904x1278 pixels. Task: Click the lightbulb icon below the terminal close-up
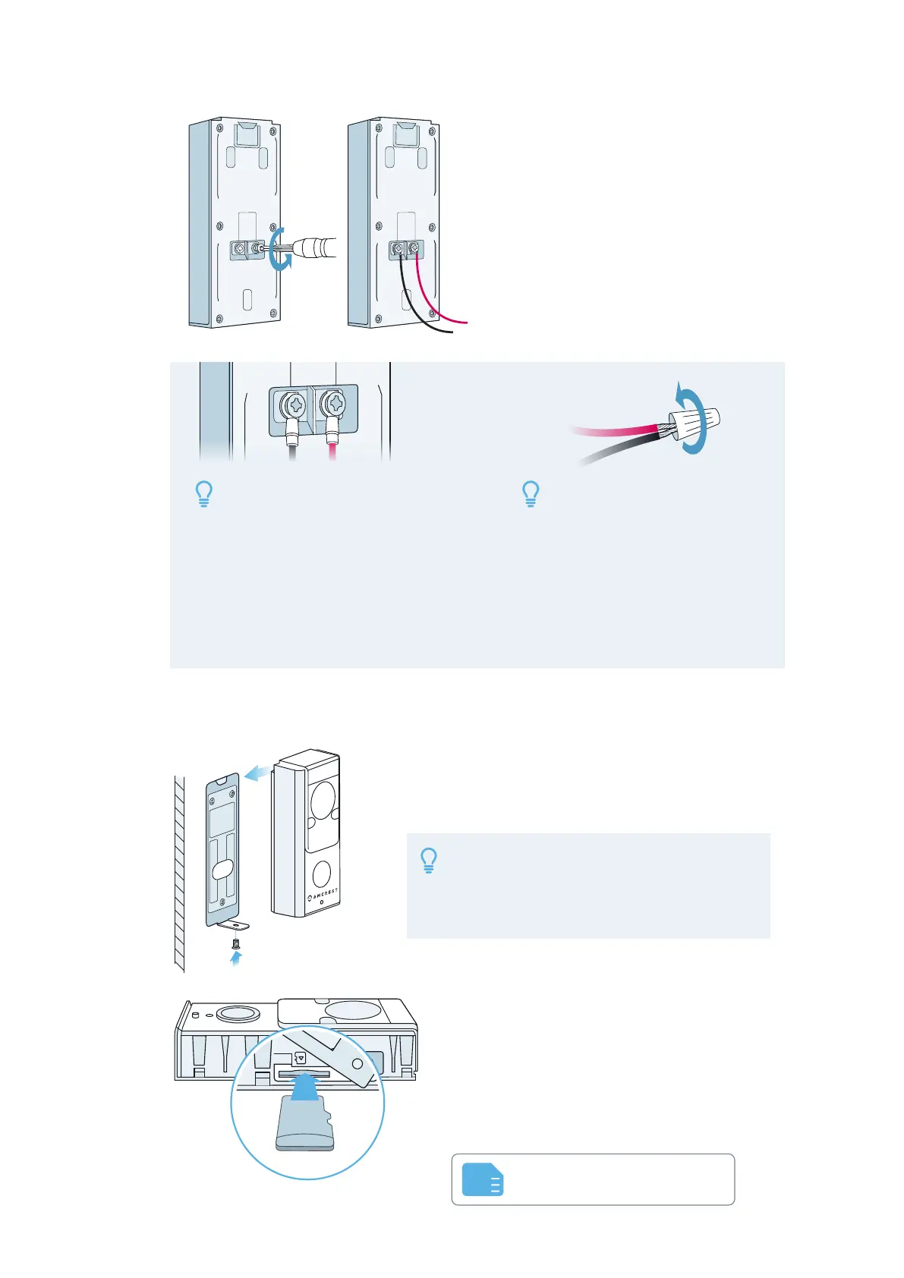click(x=203, y=494)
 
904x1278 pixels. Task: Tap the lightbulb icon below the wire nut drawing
click(x=531, y=494)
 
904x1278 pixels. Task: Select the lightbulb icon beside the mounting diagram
click(x=429, y=861)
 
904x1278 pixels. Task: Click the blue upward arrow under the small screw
click(x=236, y=959)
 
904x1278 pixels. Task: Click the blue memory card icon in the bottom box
click(x=483, y=1179)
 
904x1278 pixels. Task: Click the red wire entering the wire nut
click(x=615, y=430)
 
